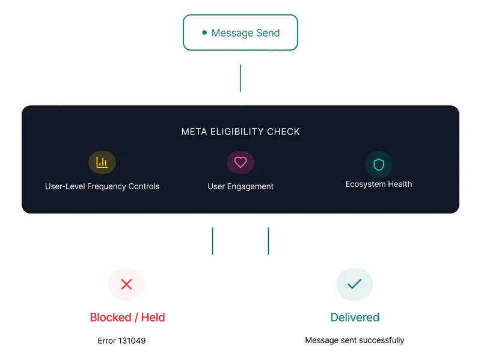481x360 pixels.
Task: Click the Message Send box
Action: pyautogui.click(x=240, y=32)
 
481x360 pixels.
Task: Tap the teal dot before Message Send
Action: pyautogui.click(x=204, y=32)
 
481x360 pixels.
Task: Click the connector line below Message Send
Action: pyautogui.click(x=240, y=78)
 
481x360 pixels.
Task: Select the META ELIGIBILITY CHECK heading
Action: pyautogui.click(x=240, y=132)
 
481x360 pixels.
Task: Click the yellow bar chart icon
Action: pyautogui.click(x=102, y=162)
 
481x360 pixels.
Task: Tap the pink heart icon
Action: pyautogui.click(x=240, y=162)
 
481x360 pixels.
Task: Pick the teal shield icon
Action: pyautogui.click(x=379, y=164)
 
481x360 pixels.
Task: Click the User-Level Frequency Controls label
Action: pyautogui.click(x=102, y=186)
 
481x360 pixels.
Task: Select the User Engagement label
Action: pyautogui.click(x=240, y=186)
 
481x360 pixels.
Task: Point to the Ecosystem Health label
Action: pyautogui.click(x=379, y=184)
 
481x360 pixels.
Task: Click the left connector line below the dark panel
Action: pyautogui.click(x=213, y=241)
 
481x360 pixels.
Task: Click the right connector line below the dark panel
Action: pyautogui.click(x=268, y=241)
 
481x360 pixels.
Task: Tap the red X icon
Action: pyautogui.click(x=126, y=284)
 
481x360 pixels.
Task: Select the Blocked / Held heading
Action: pyautogui.click(x=127, y=317)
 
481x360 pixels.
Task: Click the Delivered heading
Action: pyautogui.click(x=355, y=317)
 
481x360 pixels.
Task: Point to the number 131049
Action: pyautogui.click(x=132, y=341)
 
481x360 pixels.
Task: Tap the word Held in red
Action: pyautogui.click(x=153, y=317)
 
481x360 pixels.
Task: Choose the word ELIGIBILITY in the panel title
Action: pyautogui.click(x=237, y=132)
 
